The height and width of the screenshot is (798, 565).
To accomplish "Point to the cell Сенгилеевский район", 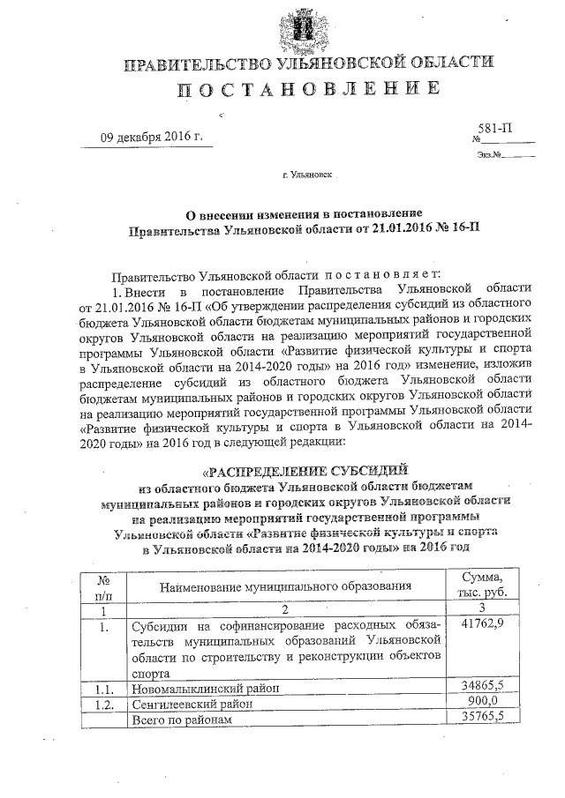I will [x=192, y=704].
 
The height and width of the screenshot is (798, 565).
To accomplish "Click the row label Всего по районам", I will [x=181, y=720].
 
